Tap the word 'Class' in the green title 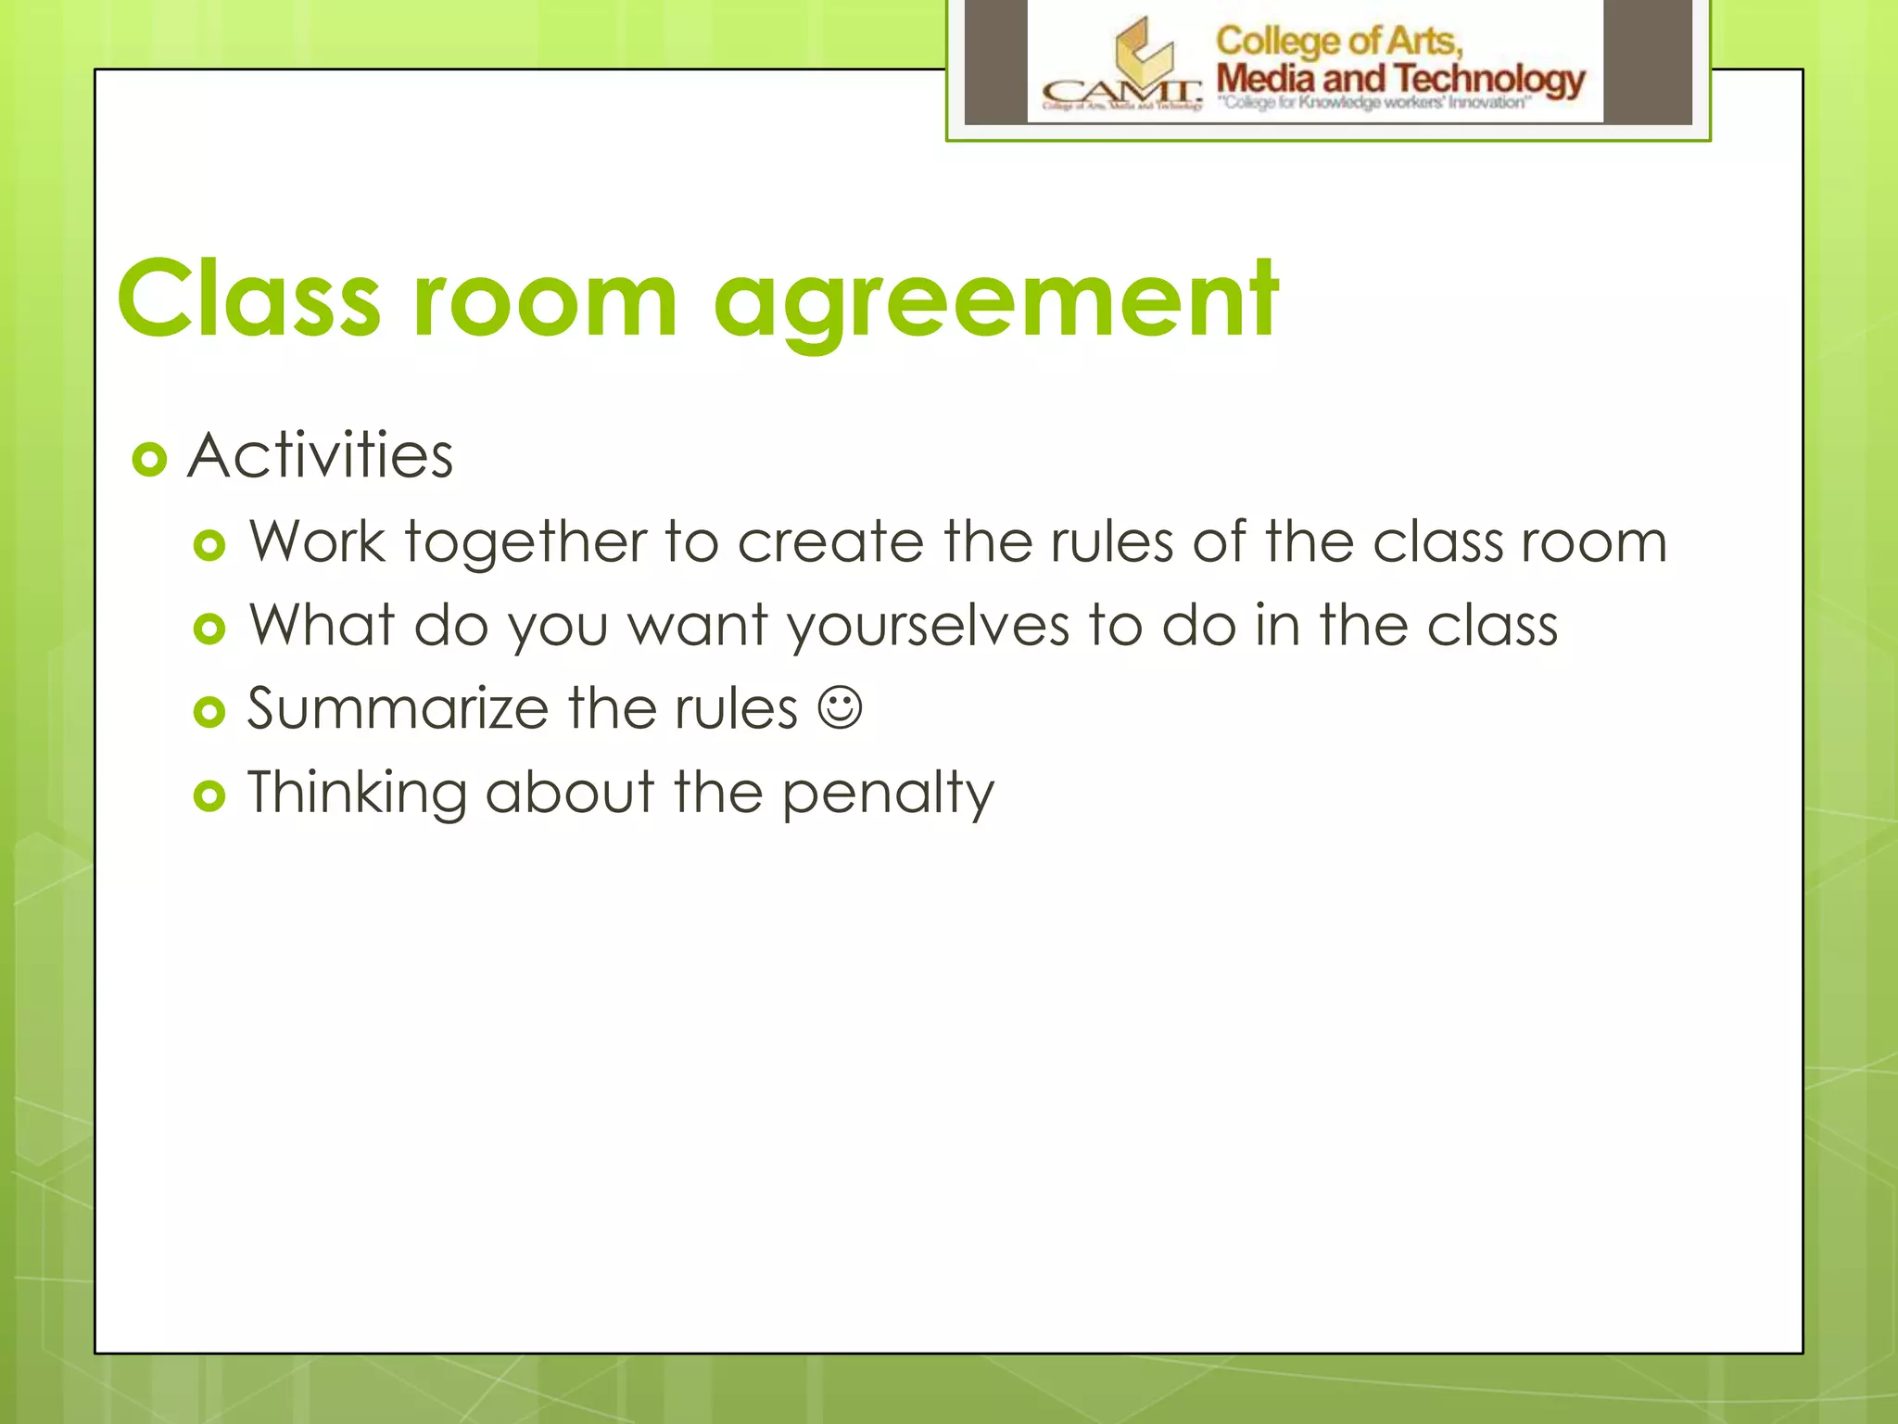(x=248, y=299)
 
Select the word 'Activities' (x=320, y=456)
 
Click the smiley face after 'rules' (x=840, y=708)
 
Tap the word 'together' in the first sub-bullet (x=525, y=542)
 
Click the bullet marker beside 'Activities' (x=149, y=459)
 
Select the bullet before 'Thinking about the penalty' (x=209, y=795)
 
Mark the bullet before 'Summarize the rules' (x=209, y=712)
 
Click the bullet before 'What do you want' (x=209, y=629)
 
